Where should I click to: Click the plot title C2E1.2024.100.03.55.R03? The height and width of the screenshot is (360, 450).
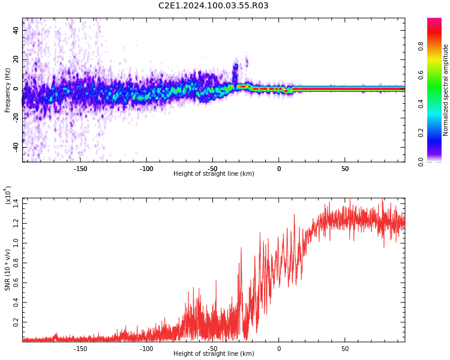coord(213,6)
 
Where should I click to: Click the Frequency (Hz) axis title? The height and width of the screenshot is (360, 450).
coord(8,90)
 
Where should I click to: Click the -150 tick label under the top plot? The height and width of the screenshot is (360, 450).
coord(80,168)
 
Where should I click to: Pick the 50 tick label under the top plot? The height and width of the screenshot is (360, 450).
coord(345,168)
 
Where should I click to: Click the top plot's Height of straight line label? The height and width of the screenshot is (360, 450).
coord(214,174)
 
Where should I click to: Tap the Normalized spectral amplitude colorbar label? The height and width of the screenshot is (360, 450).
coord(446,90)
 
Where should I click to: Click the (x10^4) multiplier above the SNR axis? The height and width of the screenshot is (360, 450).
coord(8,196)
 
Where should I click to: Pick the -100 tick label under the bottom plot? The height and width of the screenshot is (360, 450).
coord(146,348)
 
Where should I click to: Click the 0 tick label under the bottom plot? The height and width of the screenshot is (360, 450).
coord(278,348)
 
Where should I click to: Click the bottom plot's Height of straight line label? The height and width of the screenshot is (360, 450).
coord(214,354)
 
